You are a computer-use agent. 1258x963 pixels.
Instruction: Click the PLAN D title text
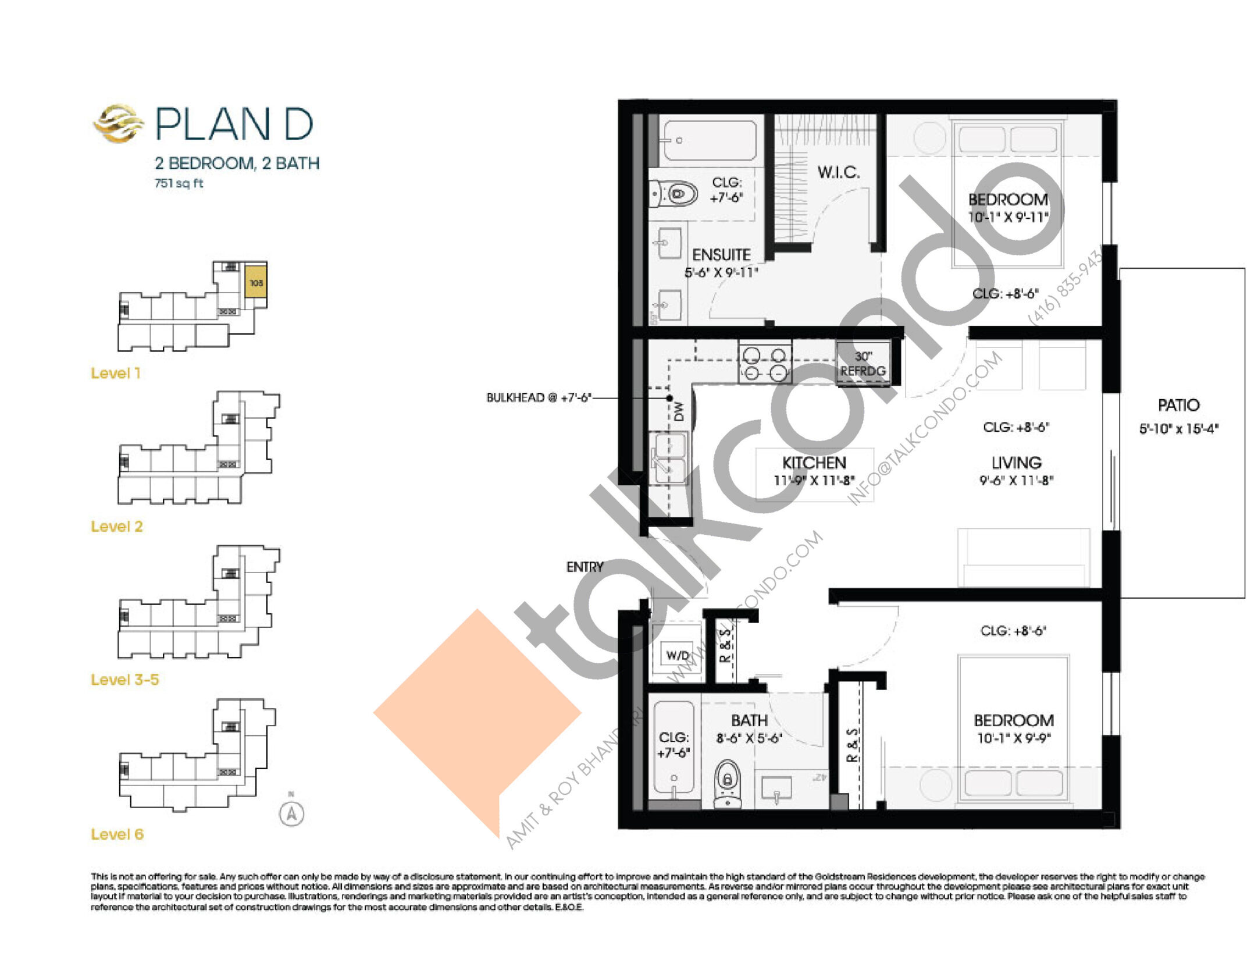(x=234, y=124)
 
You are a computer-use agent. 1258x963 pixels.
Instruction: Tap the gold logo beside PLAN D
(x=118, y=123)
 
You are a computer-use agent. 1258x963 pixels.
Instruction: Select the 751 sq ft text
(x=179, y=183)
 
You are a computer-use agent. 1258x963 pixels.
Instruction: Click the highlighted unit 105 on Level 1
(x=256, y=283)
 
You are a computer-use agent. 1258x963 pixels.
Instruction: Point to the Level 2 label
(x=116, y=527)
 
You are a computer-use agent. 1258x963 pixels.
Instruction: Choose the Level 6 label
(x=117, y=834)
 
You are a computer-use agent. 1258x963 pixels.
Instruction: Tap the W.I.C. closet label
(x=838, y=172)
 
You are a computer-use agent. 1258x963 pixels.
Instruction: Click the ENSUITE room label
(x=721, y=255)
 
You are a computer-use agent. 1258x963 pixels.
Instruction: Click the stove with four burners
(x=765, y=364)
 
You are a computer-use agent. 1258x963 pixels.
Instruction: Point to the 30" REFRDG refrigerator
(x=863, y=364)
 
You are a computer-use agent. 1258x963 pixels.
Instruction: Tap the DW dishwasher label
(x=679, y=412)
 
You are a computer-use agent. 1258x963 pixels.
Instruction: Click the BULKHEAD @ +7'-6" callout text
(x=539, y=398)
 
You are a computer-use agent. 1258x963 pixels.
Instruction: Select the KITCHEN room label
(x=814, y=463)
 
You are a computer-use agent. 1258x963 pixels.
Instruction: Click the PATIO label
(x=1178, y=406)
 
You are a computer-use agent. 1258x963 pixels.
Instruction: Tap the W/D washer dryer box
(x=678, y=656)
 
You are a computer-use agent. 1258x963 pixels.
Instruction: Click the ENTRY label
(x=585, y=567)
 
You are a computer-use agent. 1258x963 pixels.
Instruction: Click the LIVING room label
(x=1016, y=463)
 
